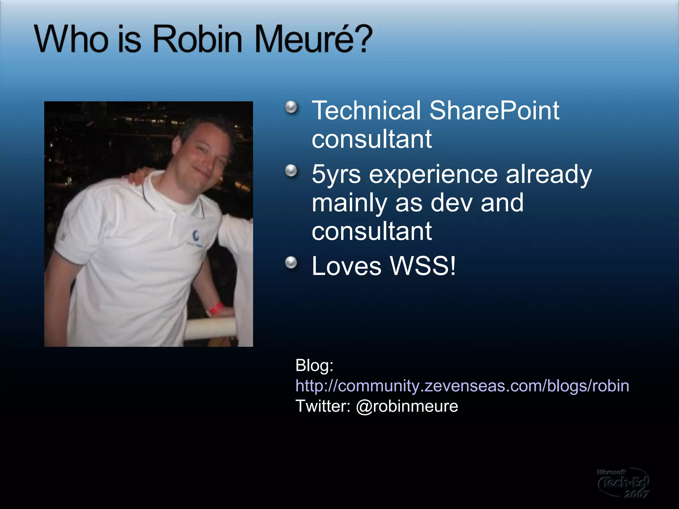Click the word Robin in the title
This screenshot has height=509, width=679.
point(198,39)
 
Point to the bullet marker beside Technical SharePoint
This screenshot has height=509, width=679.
point(291,107)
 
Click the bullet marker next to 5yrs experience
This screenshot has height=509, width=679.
point(291,171)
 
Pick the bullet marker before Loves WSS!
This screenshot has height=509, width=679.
point(291,263)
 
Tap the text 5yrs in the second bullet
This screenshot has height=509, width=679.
point(336,175)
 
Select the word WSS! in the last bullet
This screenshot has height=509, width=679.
point(423,266)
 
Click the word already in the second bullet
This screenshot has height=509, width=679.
point(549,175)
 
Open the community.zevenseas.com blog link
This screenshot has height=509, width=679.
point(462,386)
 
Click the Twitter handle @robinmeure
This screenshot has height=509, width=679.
point(407,406)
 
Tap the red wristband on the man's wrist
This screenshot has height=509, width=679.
point(215,308)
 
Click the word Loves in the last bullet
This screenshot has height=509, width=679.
point(346,266)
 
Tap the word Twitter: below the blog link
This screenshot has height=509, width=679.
point(323,406)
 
